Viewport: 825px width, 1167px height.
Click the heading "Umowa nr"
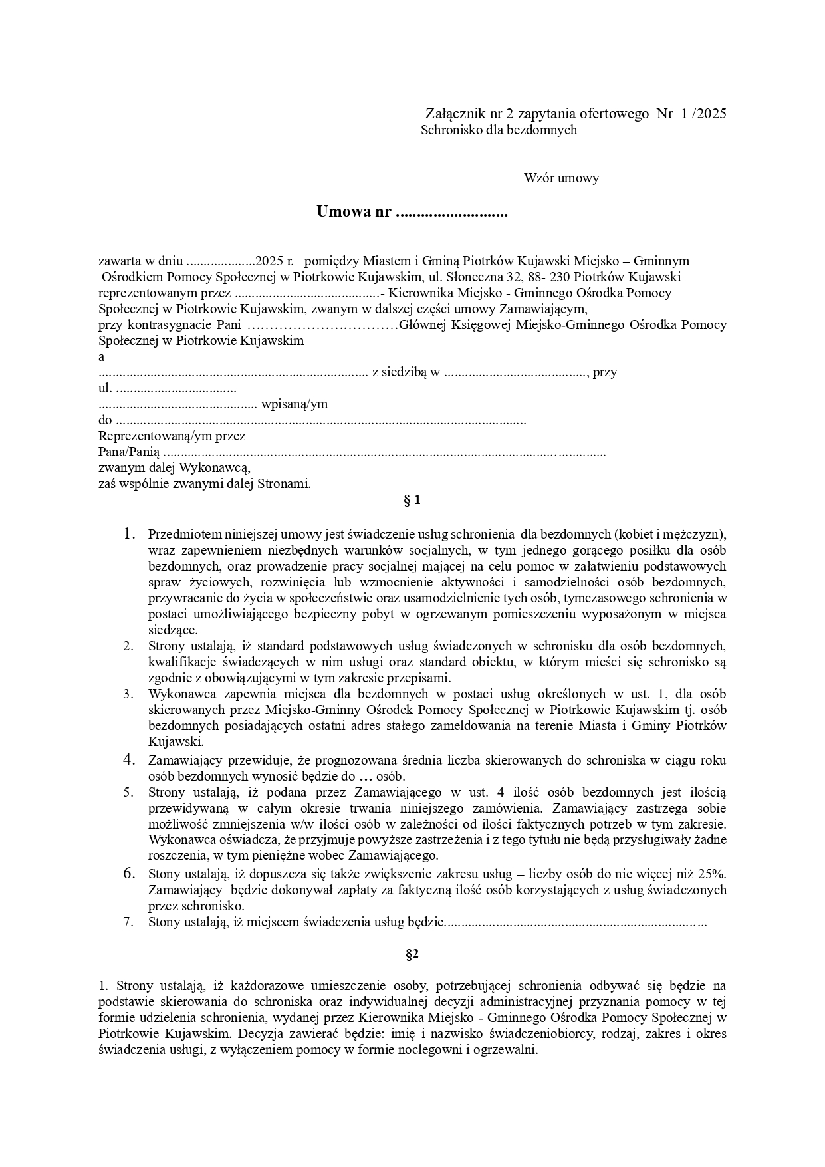[353, 213]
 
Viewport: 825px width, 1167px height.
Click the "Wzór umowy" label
[561, 178]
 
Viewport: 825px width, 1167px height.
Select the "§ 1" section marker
[412, 500]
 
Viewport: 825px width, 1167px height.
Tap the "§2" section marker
[412, 954]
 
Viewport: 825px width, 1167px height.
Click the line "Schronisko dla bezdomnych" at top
[499, 130]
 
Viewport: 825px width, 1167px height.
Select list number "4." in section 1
[129, 760]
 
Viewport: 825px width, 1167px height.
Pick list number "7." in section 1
[129, 922]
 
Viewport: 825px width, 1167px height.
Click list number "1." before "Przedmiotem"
[129, 534]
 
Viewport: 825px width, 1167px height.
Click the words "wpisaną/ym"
[295, 404]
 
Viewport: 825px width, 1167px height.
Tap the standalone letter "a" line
[102, 357]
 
